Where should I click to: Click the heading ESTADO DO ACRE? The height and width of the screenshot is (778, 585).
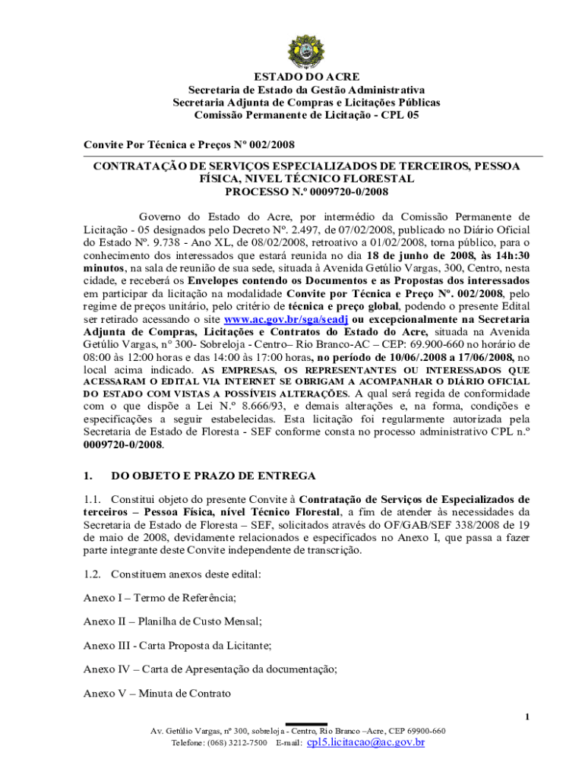pyautogui.click(x=307, y=77)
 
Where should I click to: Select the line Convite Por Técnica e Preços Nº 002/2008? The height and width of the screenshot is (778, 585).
pyautogui.click(x=189, y=144)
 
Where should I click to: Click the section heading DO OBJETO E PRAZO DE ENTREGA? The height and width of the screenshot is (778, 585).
pyautogui.click(x=213, y=476)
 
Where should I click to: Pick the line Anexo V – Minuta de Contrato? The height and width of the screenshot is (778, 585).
pyautogui.click(x=157, y=693)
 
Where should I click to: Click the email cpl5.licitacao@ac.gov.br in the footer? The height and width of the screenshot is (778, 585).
pyautogui.click(x=365, y=742)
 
